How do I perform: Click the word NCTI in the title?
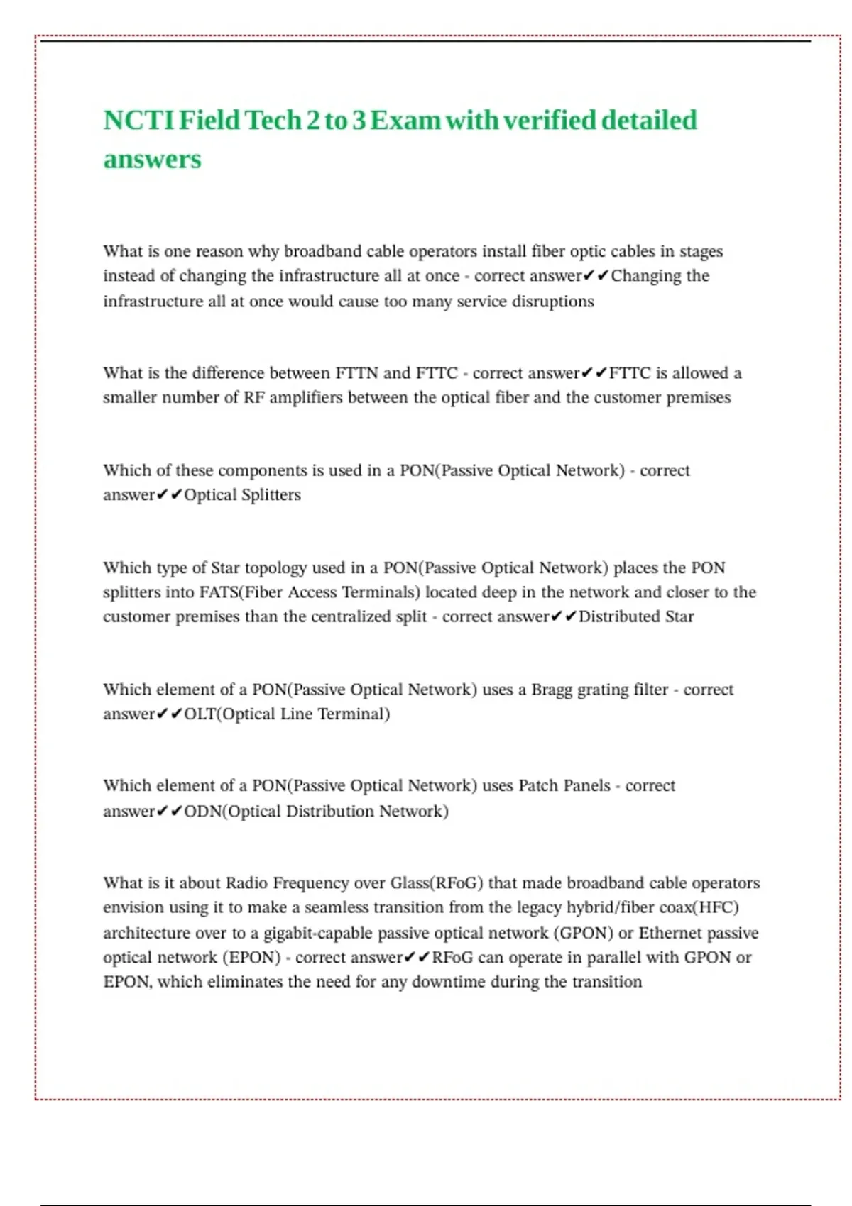138,121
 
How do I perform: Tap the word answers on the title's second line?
152,160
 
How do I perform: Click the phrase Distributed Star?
636,616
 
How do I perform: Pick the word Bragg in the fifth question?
552,690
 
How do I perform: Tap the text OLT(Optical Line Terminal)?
287,714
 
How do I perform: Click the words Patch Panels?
564,785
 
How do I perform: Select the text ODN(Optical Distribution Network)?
316,811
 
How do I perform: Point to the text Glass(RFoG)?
437,883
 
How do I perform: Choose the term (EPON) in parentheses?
252,958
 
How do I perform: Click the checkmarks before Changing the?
596,275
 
